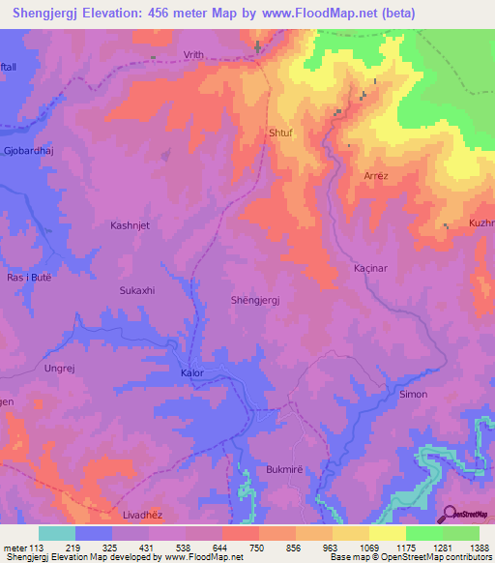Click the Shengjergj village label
(x=256, y=301)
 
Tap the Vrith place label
(x=192, y=56)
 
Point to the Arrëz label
(x=375, y=176)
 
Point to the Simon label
(x=413, y=395)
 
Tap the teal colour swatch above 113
(x=57, y=533)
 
